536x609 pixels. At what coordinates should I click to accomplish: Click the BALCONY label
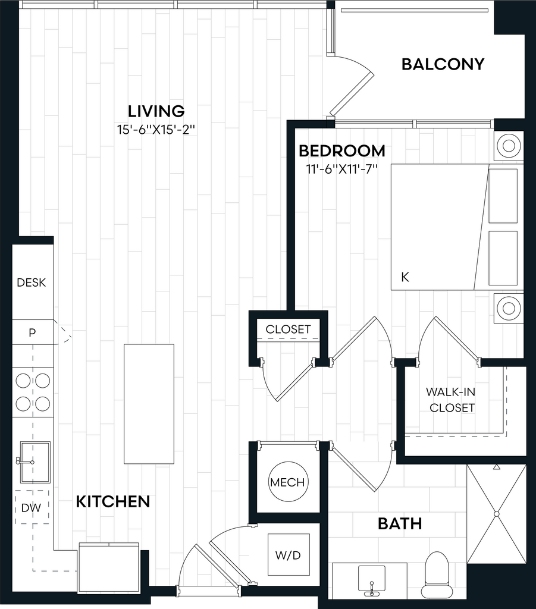click(x=443, y=64)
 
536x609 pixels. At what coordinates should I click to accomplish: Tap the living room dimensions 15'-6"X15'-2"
click(x=156, y=129)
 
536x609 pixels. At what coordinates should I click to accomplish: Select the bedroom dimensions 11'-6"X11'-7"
click(x=342, y=169)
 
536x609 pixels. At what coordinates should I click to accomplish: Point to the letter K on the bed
click(x=405, y=277)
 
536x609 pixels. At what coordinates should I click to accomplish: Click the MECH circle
click(x=287, y=482)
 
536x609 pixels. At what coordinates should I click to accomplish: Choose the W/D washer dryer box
click(x=289, y=555)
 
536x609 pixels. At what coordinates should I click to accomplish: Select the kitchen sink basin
click(x=35, y=462)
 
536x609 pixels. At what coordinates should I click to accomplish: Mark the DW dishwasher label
click(x=31, y=508)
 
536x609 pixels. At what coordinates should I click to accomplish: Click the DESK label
click(x=32, y=282)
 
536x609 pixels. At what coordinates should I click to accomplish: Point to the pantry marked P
click(x=32, y=332)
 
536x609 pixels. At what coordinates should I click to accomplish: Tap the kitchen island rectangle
click(x=149, y=404)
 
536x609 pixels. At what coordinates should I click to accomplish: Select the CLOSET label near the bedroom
click(x=288, y=329)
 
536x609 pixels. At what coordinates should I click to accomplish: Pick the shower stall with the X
click(x=496, y=514)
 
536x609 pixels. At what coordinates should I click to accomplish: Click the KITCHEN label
click(x=113, y=502)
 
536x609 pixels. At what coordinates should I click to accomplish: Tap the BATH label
click(x=400, y=524)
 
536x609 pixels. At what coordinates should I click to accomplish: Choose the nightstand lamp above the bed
click(x=509, y=146)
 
